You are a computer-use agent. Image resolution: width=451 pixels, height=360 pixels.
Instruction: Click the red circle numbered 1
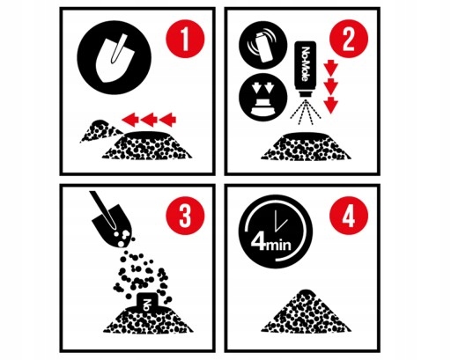click(185, 39)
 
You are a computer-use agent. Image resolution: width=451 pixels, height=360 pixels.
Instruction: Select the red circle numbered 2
click(349, 39)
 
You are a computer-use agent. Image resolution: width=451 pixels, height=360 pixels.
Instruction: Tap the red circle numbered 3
click(185, 216)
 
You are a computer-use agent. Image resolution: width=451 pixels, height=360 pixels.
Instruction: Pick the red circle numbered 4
click(349, 216)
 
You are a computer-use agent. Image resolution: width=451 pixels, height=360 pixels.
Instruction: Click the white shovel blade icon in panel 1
click(112, 59)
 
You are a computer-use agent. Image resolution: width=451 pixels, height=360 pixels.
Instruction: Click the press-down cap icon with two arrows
click(262, 98)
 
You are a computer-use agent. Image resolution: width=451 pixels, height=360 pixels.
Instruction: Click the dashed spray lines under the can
click(306, 112)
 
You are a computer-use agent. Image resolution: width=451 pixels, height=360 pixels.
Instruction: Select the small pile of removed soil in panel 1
click(100, 130)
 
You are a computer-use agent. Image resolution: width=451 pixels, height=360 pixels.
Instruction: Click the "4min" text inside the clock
click(271, 244)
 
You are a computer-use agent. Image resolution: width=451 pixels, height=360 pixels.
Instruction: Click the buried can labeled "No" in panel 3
click(149, 302)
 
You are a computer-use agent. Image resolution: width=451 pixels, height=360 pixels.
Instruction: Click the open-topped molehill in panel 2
click(306, 146)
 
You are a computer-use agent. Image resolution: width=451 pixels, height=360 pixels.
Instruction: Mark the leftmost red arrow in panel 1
click(129, 120)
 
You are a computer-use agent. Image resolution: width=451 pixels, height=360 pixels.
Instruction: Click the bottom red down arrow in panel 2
click(331, 105)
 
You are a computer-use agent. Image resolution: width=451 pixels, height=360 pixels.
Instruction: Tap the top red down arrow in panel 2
click(331, 68)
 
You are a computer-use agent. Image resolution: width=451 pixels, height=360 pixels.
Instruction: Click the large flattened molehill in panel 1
click(148, 146)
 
